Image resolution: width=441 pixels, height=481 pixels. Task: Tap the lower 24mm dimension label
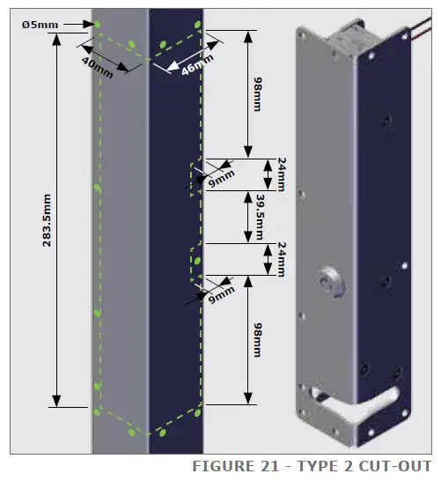tap(280, 259)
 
